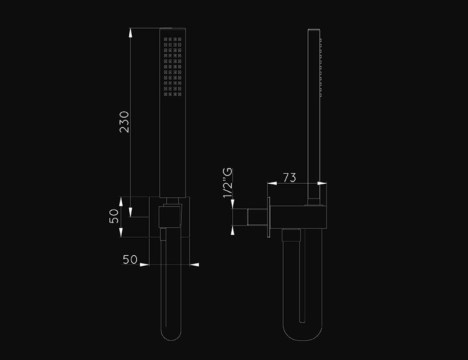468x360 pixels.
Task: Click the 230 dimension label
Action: pos(124,122)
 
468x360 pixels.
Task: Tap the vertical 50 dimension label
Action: pos(113,217)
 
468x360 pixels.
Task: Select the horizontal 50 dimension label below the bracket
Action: pos(130,260)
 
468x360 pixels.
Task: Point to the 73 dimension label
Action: pos(290,177)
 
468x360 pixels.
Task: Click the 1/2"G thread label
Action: pos(228,183)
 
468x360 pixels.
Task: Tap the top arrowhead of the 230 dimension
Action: pos(130,33)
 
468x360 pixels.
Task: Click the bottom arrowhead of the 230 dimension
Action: pos(130,212)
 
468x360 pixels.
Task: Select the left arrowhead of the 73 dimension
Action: pos(272,183)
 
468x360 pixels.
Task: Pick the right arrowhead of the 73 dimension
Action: pos(322,183)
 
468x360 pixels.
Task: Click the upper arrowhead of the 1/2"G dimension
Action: pos(233,204)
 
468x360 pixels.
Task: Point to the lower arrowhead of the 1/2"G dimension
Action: pos(233,230)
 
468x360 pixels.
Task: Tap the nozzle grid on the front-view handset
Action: pos(173,67)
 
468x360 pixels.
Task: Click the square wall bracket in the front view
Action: pos(169,217)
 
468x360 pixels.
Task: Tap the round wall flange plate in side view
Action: pos(269,217)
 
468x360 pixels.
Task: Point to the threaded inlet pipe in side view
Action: pos(249,217)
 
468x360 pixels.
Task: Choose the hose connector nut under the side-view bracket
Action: pos(291,235)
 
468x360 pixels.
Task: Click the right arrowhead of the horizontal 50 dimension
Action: pos(194,265)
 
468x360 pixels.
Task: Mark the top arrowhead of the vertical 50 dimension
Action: pos(121,202)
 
